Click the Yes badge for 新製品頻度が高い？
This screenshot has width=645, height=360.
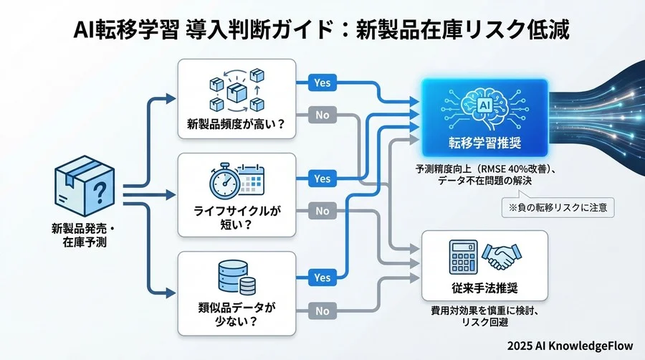point(322,82)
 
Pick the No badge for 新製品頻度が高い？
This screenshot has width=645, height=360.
point(322,113)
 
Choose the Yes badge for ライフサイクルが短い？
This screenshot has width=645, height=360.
point(322,179)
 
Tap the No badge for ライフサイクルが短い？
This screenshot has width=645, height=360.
point(322,211)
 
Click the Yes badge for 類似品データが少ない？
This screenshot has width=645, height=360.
point(322,277)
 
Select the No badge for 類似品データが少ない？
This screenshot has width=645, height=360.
point(322,311)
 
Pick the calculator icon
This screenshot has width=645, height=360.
point(459,255)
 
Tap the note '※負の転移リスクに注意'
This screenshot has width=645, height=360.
point(559,209)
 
